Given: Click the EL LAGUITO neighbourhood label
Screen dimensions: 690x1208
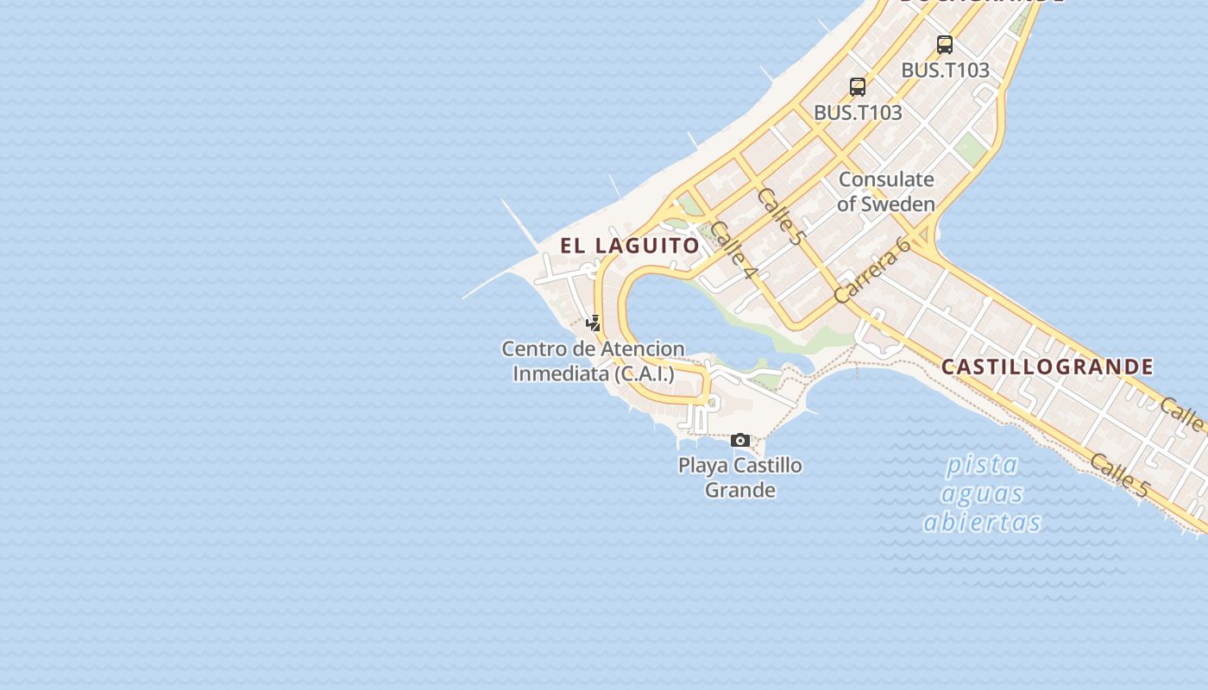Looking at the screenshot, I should [x=630, y=246].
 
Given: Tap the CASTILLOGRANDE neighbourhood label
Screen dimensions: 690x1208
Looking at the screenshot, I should [x=1047, y=367].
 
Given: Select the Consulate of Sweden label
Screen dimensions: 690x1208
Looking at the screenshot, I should [x=886, y=191].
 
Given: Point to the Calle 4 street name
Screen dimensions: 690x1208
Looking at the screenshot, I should [x=734, y=251].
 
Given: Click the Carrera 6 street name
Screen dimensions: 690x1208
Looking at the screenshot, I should [x=873, y=270].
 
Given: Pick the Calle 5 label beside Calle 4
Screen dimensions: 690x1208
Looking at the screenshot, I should [x=779, y=216].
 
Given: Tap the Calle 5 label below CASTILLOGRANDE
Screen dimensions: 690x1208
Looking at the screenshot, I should [x=1119, y=476].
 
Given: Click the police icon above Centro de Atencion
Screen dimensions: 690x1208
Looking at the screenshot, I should [x=594, y=323].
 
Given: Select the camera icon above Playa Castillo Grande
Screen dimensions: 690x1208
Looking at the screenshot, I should [x=740, y=441].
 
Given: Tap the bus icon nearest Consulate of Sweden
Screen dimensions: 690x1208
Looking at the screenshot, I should [x=858, y=86].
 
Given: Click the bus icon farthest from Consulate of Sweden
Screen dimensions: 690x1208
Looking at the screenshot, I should [x=945, y=44].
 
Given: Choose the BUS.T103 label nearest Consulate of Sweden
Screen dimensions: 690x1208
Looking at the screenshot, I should [x=858, y=112].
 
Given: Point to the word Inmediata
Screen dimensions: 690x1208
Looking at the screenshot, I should [x=561, y=374].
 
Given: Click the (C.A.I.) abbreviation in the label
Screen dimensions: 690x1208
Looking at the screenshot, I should [x=645, y=374].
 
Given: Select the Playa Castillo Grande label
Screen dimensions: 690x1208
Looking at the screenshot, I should [x=740, y=478].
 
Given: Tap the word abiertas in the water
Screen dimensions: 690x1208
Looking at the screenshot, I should [x=982, y=523].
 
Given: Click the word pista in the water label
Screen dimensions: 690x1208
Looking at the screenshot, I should [x=982, y=465].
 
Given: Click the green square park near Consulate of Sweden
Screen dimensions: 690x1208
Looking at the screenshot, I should [x=971, y=149].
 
